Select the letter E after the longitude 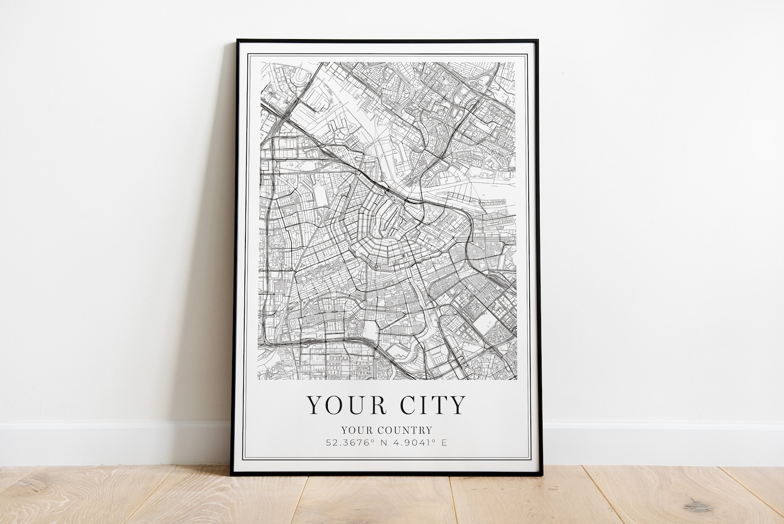point(444,442)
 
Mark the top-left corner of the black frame point(237,40)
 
